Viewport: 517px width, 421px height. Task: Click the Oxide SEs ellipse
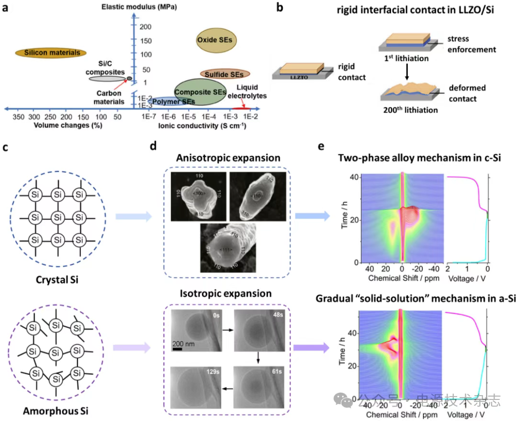[214, 40]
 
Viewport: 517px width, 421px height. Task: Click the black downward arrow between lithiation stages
[406, 71]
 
